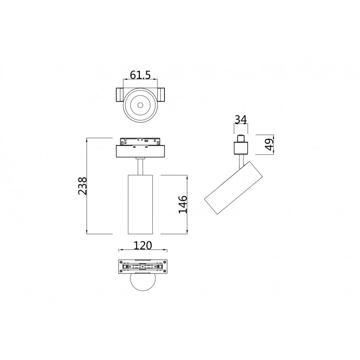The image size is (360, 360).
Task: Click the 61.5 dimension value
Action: coord(140,76)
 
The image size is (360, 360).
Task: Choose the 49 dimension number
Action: coord(270,145)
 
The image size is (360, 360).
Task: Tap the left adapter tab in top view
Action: coord(118,96)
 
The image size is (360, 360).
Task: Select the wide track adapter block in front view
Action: coord(141,151)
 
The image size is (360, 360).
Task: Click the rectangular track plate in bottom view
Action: coord(142,267)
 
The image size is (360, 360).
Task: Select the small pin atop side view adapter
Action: coord(241,139)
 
